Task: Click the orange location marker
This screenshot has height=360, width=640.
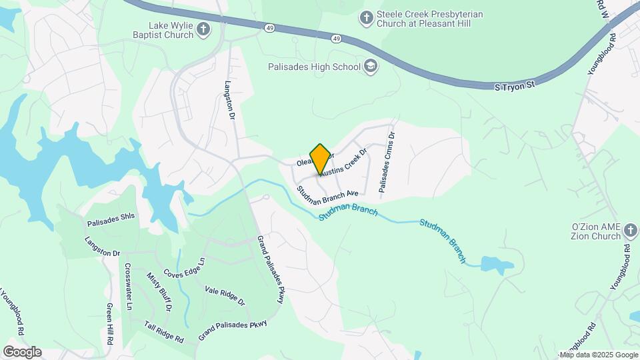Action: pyautogui.click(x=320, y=159)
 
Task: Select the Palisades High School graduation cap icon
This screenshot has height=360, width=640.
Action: pyautogui.click(x=371, y=66)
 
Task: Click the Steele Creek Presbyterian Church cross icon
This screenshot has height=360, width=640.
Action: pyautogui.click(x=366, y=18)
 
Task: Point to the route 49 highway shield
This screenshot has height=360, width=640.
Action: pyautogui.click(x=269, y=28)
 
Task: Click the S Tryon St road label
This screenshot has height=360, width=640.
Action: pyautogui.click(x=515, y=87)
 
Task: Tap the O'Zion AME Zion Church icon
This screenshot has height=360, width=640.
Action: pyautogui.click(x=631, y=232)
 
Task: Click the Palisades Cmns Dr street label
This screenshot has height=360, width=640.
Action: pyautogui.click(x=387, y=163)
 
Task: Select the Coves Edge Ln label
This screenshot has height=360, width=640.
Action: pyautogui.click(x=184, y=270)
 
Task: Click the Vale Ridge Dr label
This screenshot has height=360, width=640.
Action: pyautogui.click(x=225, y=295)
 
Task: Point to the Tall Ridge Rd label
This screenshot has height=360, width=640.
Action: pyautogui.click(x=163, y=331)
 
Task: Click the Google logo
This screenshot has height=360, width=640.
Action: pyautogui.click(x=22, y=351)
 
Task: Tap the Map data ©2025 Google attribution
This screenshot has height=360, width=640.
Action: pyautogui.click(x=598, y=355)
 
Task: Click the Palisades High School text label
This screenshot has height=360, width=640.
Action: pyautogui.click(x=314, y=67)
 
